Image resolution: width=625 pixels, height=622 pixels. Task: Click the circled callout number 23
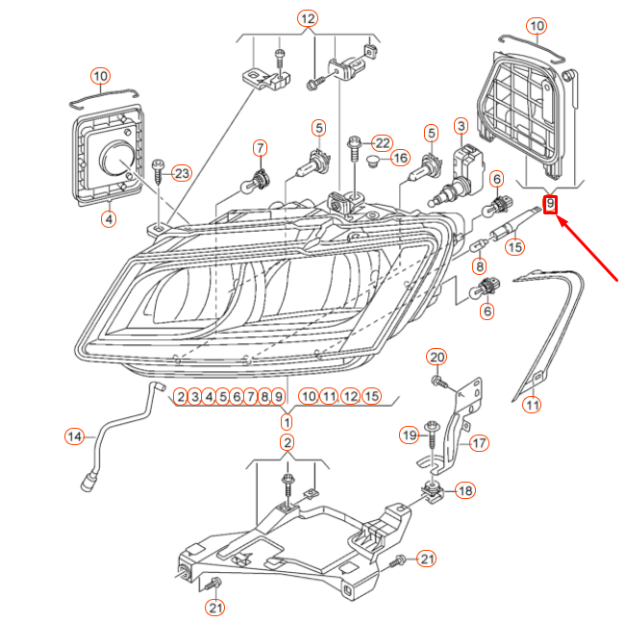(x=182, y=173)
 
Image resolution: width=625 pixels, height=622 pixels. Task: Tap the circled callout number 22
(x=383, y=143)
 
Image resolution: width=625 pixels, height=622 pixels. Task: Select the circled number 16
(x=400, y=159)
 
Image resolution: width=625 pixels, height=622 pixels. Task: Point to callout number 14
(x=75, y=436)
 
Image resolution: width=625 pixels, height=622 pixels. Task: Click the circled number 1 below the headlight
(x=287, y=422)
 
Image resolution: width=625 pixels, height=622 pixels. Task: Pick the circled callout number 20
(x=437, y=357)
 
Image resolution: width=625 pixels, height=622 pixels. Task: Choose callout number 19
(x=410, y=435)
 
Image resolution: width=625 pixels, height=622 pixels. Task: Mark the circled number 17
(x=479, y=443)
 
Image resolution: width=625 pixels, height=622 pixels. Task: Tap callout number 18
(x=465, y=490)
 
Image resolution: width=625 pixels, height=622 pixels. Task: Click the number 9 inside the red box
(x=550, y=204)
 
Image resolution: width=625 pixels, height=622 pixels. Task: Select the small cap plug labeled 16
(x=372, y=161)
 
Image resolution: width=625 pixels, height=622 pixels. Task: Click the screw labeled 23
(x=159, y=171)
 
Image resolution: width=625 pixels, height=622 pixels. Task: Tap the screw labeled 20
(x=440, y=383)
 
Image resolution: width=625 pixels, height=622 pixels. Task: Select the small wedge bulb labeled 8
(x=479, y=245)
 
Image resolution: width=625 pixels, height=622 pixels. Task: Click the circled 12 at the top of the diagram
(x=308, y=18)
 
